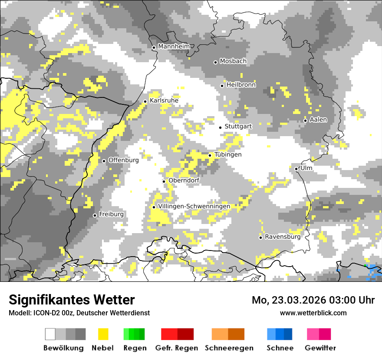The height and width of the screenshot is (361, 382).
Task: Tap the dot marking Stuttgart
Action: [221, 127]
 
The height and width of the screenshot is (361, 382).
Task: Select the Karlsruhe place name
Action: [164, 100]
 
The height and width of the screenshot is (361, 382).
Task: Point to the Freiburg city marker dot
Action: [95, 215]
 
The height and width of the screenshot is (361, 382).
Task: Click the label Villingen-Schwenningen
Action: [194, 206]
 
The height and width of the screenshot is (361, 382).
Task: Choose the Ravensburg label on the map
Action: [283, 237]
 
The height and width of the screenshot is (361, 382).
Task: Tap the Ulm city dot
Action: [296, 169]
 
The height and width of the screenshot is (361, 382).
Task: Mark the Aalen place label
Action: [318, 120]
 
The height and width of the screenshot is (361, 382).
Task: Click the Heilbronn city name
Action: [241, 85]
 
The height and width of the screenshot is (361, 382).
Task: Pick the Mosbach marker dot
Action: [215, 62]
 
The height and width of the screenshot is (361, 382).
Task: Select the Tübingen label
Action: [228, 154]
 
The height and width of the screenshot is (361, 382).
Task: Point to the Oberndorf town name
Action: [184, 180]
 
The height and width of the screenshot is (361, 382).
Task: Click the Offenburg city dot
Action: [104, 161]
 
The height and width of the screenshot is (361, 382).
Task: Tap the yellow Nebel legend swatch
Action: [103, 334]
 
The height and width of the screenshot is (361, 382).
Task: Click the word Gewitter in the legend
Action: [320, 348]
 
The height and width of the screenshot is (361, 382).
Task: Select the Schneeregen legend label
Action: [229, 348]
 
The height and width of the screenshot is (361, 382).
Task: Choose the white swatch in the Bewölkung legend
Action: [50, 334]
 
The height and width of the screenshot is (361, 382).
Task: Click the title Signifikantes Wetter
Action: [72, 300]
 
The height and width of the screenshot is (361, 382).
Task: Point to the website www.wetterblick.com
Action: [313, 313]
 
